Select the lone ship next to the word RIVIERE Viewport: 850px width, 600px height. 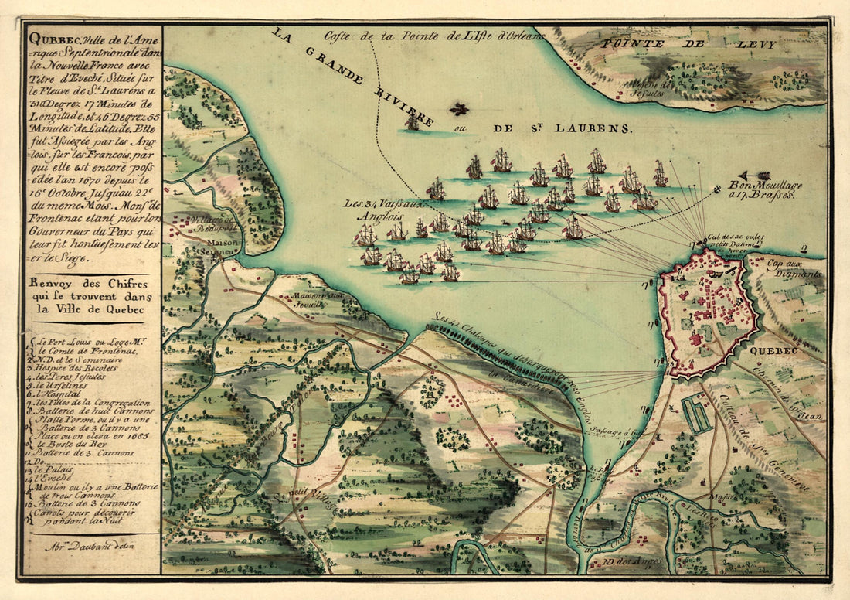tap(413, 121)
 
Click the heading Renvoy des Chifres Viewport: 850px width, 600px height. tap(90, 285)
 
